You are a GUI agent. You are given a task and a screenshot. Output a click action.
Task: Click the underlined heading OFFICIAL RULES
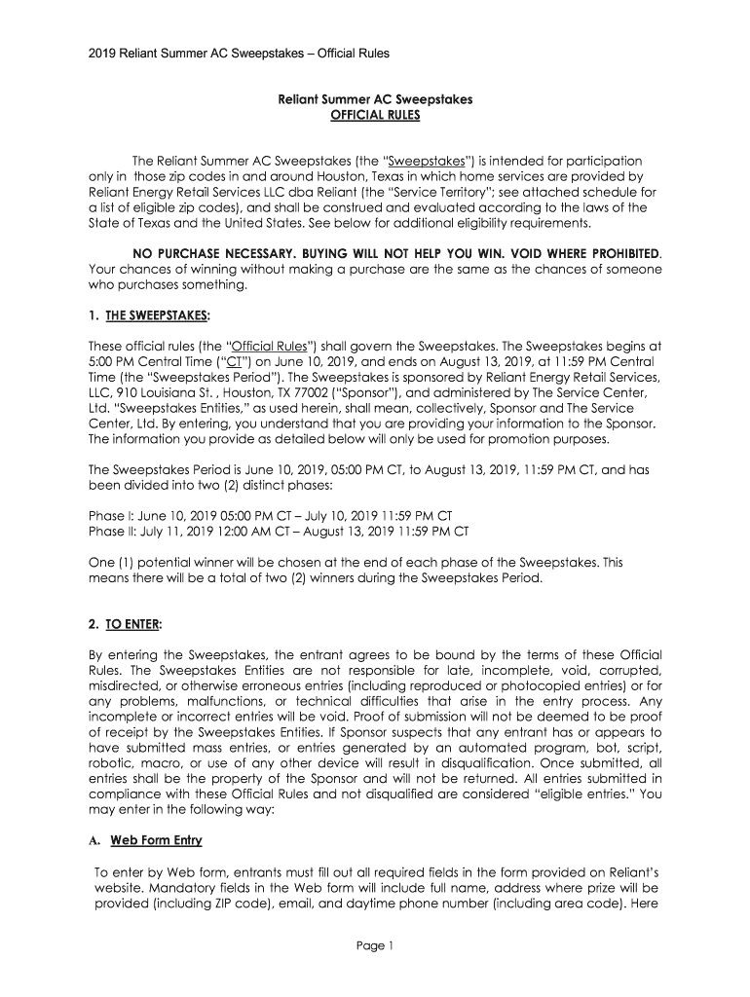pos(375,115)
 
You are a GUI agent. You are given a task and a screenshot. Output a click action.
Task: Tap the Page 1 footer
pos(375,945)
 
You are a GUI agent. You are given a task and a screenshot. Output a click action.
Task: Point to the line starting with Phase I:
pos(270,515)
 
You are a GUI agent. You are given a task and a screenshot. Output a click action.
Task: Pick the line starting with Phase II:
pos(279,532)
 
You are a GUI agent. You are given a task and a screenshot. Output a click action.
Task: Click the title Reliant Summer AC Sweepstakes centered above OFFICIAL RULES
pos(375,98)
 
